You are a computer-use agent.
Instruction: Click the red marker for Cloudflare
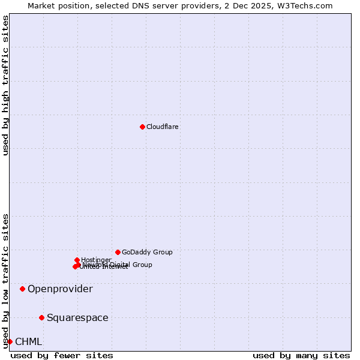pyautogui.click(x=142, y=127)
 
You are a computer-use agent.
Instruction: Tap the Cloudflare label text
pyautogui.click(x=163, y=127)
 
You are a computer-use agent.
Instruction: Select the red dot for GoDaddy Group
pyautogui.click(x=118, y=252)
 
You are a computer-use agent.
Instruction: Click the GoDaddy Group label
pyautogui.click(x=147, y=252)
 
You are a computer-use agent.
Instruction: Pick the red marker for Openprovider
pyautogui.click(x=23, y=289)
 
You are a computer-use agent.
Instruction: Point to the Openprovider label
pyautogui.click(x=60, y=289)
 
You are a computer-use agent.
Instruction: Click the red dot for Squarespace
pyautogui.click(x=41, y=317)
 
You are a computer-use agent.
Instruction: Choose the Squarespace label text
pyautogui.click(x=77, y=318)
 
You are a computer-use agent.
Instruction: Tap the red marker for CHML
pyautogui.click(x=10, y=341)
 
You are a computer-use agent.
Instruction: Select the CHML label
pyautogui.click(x=28, y=342)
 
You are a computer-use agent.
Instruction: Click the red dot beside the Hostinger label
pyautogui.click(x=77, y=260)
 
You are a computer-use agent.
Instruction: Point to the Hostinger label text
pyautogui.click(x=97, y=260)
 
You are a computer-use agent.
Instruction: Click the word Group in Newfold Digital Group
pyautogui.click(x=142, y=265)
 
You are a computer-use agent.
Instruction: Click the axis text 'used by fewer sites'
pyautogui.click(x=62, y=355)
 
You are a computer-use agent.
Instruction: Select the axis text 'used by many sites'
pyautogui.click(x=301, y=355)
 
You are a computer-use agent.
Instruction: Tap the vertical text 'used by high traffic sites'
pyautogui.click(x=5, y=85)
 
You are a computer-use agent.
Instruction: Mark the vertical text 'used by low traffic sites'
pyautogui.click(x=5, y=280)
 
